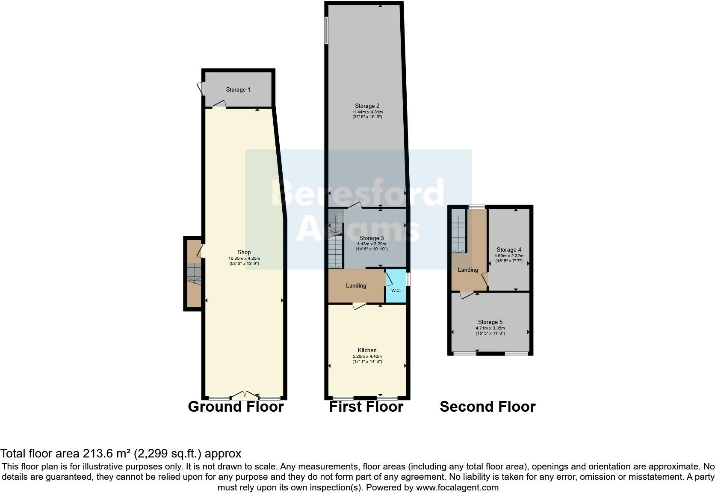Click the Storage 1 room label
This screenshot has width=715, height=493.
(x=238, y=89)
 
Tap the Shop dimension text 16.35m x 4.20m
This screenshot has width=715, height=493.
(x=244, y=258)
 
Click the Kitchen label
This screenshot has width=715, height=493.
(x=367, y=350)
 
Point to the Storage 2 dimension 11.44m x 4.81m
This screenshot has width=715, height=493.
(x=367, y=112)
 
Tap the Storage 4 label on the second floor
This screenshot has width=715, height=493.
(x=508, y=249)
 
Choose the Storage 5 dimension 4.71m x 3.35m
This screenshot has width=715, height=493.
(x=490, y=328)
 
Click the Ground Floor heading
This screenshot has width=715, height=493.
(x=236, y=407)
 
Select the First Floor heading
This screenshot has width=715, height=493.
(x=366, y=407)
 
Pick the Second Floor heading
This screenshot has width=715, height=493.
(x=487, y=407)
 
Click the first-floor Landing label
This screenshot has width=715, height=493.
(x=356, y=285)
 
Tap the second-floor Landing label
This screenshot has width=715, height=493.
(x=468, y=270)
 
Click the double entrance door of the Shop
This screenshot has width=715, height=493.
(x=245, y=395)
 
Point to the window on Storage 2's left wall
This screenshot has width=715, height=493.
(x=326, y=30)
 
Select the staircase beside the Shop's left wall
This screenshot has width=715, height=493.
(x=194, y=274)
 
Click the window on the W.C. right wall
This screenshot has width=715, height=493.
(x=408, y=279)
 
